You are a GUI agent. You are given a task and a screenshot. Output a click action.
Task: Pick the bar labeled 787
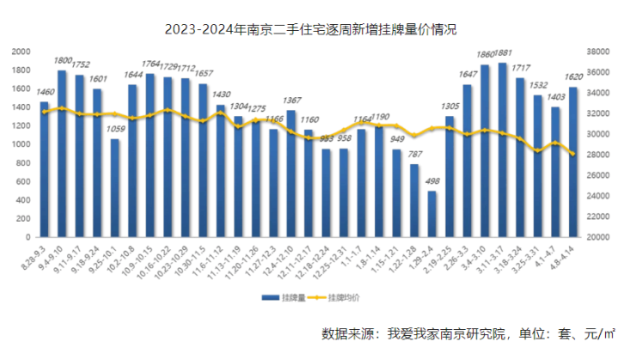point(414,200)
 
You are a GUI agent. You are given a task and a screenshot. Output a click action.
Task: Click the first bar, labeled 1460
point(44,169)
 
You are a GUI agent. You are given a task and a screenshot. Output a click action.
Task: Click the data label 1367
point(291,101)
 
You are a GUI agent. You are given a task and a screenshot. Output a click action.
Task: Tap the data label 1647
point(468,75)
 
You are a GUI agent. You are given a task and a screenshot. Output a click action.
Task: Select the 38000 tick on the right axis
point(597,51)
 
